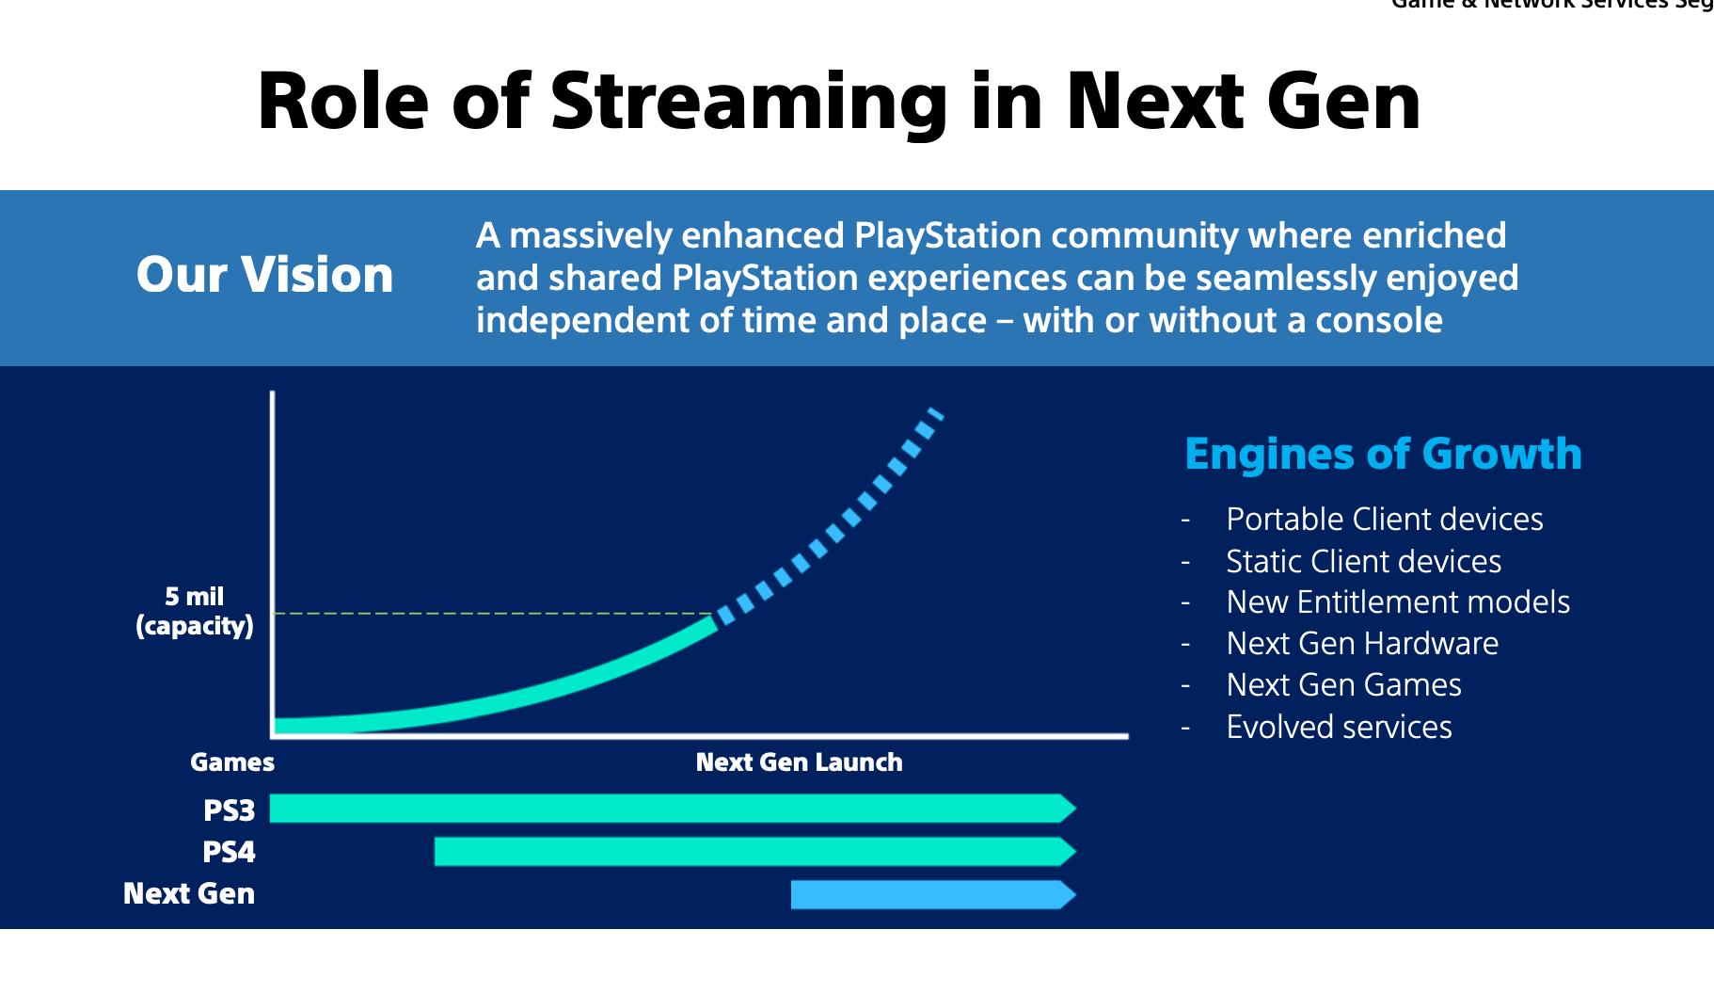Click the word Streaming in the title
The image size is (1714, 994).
[749, 102]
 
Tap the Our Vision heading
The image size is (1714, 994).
[264, 275]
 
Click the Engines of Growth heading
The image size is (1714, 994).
[1383, 454]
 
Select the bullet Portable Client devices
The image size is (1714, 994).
[1384, 520]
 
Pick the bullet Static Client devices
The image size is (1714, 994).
[1363, 562]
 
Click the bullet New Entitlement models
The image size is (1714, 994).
[1397, 602]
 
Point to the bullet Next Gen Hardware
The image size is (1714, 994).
[1361, 644]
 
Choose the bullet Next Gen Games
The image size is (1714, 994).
[1343, 685]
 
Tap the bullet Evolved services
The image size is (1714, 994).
[1339, 728]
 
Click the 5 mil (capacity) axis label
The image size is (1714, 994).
[195, 611]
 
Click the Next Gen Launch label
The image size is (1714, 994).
[799, 762]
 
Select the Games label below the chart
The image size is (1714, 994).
[232, 762]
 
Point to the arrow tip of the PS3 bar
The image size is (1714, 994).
[1069, 809]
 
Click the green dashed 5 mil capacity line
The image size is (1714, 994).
[489, 614]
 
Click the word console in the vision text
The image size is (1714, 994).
[1378, 321]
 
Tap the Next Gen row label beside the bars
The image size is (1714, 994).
[189, 894]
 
